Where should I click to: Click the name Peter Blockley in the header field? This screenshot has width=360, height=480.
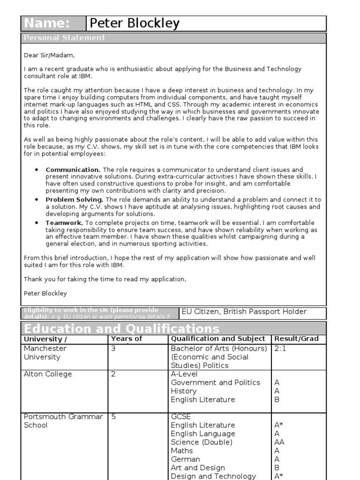[134, 23]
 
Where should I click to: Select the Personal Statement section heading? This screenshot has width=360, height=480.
[65, 38]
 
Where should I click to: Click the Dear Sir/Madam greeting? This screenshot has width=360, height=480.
[49, 55]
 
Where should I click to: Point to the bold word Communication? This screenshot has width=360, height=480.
[73, 170]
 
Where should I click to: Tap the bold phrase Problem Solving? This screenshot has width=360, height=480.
[74, 200]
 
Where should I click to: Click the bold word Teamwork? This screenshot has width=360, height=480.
[64, 223]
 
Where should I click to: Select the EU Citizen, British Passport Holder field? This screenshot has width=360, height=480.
[244, 312]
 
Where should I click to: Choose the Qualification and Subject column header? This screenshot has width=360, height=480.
[218, 339]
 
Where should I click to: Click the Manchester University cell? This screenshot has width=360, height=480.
[45, 353]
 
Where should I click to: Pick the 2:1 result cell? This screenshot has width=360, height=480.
[281, 349]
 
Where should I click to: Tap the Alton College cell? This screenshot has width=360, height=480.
[48, 374]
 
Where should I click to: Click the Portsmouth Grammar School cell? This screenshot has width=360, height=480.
[63, 421]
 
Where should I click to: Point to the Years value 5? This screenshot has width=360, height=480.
[113, 417]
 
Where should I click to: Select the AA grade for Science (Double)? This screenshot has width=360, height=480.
[279, 442]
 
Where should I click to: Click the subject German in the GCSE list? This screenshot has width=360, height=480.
[185, 459]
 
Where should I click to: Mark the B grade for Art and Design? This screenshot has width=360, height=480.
[277, 468]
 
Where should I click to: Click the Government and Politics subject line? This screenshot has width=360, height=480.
[215, 382]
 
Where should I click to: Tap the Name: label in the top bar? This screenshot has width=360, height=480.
[47, 23]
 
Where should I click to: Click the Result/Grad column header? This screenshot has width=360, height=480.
[296, 339]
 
